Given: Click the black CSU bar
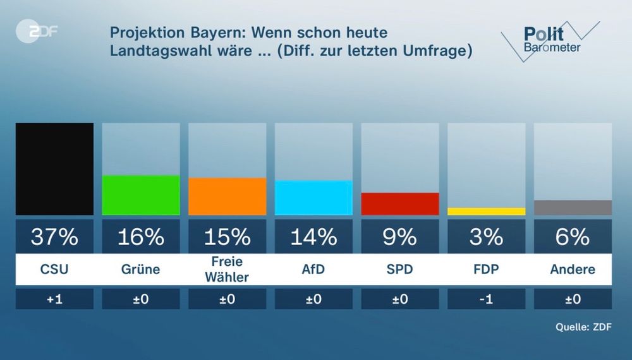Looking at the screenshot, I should pyautogui.click(x=54, y=169).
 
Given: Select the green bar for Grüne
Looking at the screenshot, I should pyautogui.click(x=141, y=195).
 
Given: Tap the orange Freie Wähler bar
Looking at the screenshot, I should pyautogui.click(x=227, y=196).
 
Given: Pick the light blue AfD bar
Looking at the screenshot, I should pyautogui.click(x=313, y=198).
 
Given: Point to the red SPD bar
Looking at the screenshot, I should pyautogui.click(x=400, y=203).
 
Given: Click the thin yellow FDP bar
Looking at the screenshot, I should pyautogui.click(x=486, y=211).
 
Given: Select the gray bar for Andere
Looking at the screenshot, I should pyautogui.click(x=573, y=207).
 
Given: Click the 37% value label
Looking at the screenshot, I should pyautogui.click(x=54, y=237).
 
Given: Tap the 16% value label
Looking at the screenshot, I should pyautogui.click(x=141, y=237).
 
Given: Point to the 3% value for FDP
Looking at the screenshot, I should pyautogui.click(x=486, y=237).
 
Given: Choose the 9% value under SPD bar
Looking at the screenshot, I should pyautogui.click(x=400, y=237).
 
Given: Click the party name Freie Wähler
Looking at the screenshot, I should pyautogui.click(x=227, y=269).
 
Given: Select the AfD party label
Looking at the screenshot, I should pyautogui.click(x=313, y=269).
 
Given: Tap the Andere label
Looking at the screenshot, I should pyautogui.click(x=573, y=269).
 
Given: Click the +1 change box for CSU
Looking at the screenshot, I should pyautogui.click(x=54, y=299).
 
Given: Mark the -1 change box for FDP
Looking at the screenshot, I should pyautogui.click(x=486, y=299).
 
